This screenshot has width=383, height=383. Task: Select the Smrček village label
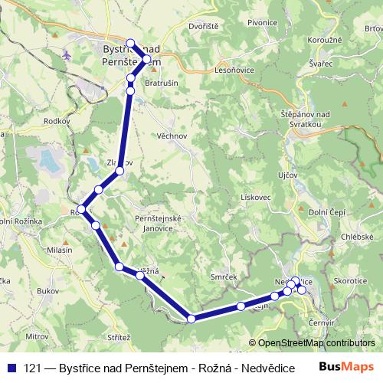tap(225, 276)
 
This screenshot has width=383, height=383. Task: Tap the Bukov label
tap(47, 292)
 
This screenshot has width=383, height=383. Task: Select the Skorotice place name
tap(350, 281)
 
